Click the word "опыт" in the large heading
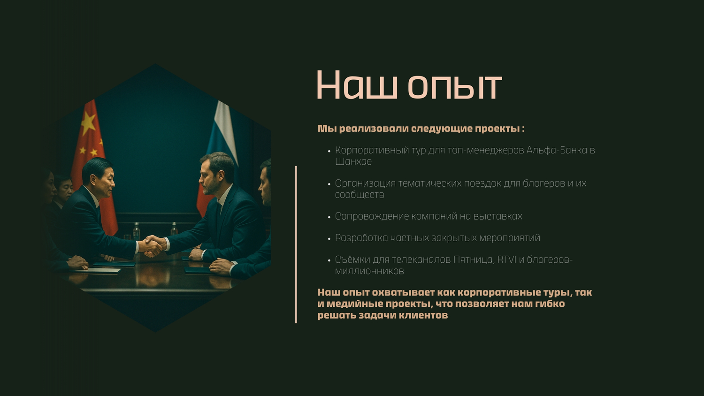[455, 85]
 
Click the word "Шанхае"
[353, 161]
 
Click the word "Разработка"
[361, 238]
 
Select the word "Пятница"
[474, 260]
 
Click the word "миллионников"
[369, 271]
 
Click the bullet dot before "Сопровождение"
[329, 217]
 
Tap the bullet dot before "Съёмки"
[329, 260]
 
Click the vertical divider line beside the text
[296, 244]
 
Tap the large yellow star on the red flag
[88, 123]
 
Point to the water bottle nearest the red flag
[136, 232]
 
